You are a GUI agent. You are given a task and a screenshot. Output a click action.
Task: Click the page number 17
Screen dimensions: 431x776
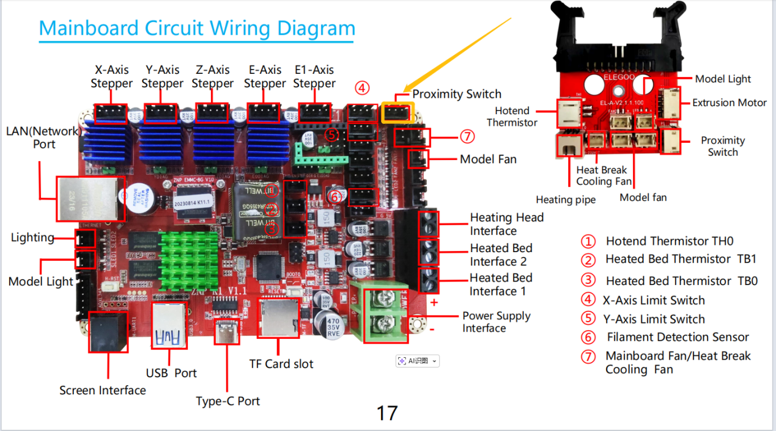click(387, 413)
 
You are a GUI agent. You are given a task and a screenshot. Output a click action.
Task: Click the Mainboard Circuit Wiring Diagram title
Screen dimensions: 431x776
click(197, 28)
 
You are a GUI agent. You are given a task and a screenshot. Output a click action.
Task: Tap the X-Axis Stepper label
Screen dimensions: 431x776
click(111, 77)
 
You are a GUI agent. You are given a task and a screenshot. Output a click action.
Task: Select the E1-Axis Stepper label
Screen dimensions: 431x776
click(314, 77)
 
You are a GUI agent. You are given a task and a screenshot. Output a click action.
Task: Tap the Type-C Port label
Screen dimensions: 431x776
click(227, 401)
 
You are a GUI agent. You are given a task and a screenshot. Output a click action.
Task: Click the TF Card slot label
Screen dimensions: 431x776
click(281, 364)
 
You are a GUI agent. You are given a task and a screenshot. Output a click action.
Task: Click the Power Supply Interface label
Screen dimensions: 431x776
click(496, 322)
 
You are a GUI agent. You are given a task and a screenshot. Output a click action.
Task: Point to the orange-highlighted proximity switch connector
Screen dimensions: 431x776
click(398, 113)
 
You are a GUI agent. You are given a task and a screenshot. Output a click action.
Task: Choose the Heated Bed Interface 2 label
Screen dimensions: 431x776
click(501, 255)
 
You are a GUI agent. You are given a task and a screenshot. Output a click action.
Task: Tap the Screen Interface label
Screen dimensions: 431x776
click(103, 390)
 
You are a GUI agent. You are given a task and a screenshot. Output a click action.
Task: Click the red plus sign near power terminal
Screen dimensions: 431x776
click(434, 302)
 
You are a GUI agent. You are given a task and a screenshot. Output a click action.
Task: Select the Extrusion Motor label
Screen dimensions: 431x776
click(729, 103)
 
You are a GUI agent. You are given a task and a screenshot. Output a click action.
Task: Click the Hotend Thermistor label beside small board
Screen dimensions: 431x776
click(512, 117)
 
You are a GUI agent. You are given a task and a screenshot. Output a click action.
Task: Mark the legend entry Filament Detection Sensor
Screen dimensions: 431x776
click(678, 337)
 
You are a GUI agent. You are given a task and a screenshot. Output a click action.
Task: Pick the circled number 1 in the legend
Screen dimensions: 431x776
click(588, 241)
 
